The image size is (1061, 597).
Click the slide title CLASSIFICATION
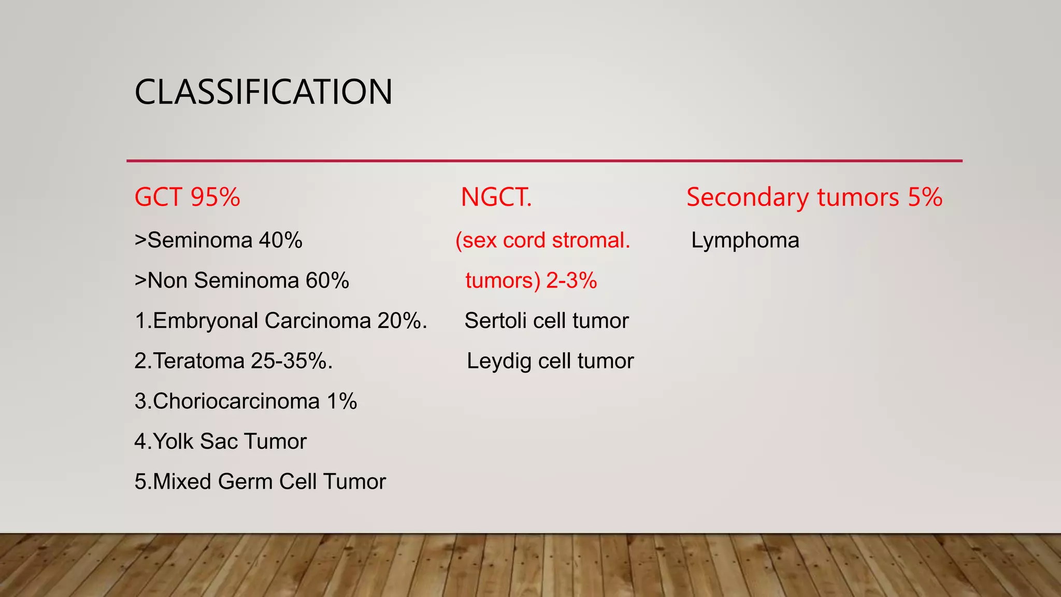(x=263, y=92)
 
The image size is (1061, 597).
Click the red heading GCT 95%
(x=187, y=197)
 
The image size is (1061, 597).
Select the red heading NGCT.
(x=496, y=197)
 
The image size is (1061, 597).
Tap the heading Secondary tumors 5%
(x=814, y=197)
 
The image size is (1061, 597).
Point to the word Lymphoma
(x=745, y=240)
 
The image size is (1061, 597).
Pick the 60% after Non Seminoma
(x=327, y=281)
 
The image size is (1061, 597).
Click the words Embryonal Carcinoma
(x=262, y=321)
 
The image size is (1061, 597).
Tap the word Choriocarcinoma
(x=236, y=402)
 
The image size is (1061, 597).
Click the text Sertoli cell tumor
(x=546, y=321)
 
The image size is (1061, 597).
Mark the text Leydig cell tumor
(x=550, y=361)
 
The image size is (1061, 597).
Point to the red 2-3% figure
(x=571, y=281)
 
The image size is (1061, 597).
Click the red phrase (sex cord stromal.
(x=542, y=240)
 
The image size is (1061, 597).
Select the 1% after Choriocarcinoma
(x=342, y=402)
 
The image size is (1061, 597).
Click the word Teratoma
(x=199, y=361)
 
